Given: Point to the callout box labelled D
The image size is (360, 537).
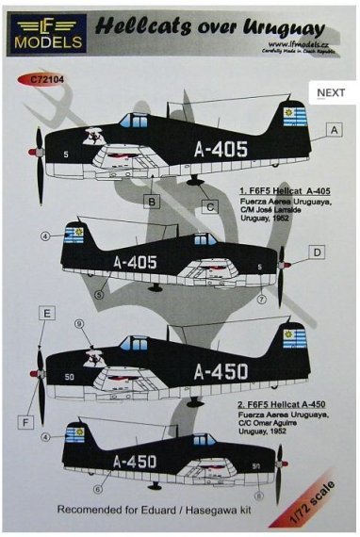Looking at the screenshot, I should (319, 252).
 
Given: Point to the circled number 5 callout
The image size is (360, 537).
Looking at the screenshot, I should (100, 295).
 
